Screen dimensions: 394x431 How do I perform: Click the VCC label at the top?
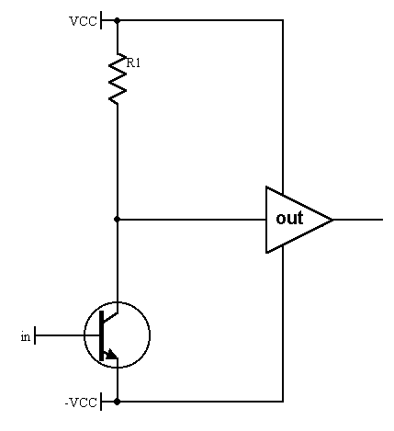coord(84,21)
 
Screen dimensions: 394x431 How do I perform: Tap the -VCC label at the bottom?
coord(81,403)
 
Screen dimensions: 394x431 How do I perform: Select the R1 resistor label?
coord(133,62)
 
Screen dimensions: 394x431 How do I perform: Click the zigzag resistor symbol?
coord(118,78)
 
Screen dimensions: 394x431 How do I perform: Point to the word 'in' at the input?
coord(26,336)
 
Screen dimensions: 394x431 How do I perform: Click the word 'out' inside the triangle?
coord(289,218)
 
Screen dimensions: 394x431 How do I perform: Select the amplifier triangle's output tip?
coord(332,220)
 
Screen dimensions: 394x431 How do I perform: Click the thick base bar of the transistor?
coord(102,335)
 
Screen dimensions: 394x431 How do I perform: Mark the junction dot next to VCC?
coord(117,20)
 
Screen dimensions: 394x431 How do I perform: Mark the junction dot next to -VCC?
coord(117,402)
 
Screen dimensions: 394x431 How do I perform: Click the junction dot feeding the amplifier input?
coord(117,220)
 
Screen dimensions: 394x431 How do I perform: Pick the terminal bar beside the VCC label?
coord(101,20)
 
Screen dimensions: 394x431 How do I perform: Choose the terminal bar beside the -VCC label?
coord(101,402)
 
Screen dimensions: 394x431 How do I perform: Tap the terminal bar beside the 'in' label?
coord(35,335)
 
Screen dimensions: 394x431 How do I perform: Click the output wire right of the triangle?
coord(358,220)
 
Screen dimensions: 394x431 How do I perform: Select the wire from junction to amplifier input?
coord(191,220)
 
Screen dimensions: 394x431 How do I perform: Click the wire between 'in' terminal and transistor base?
coord(68,335)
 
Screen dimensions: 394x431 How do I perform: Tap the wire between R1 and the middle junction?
coord(117,162)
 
